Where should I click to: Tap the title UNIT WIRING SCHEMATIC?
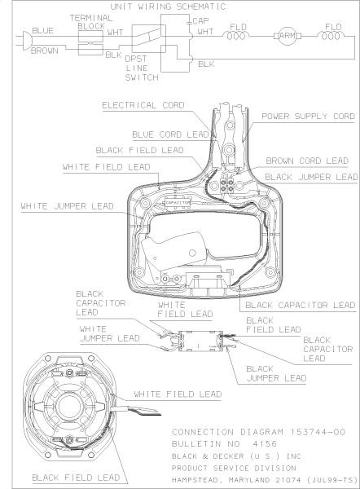[x=168, y=7]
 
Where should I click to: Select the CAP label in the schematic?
[x=200, y=21]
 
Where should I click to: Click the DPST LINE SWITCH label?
[x=142, y=68]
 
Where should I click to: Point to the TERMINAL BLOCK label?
[x=91, y=22]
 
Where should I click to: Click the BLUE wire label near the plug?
[x=42, y=31]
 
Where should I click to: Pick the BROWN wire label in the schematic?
[x=45, y=51]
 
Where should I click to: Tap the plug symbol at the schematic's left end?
[x=26, y=40]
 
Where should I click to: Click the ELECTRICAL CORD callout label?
[x=143, y=105]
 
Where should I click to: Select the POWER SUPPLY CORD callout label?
[x=308, y=116]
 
